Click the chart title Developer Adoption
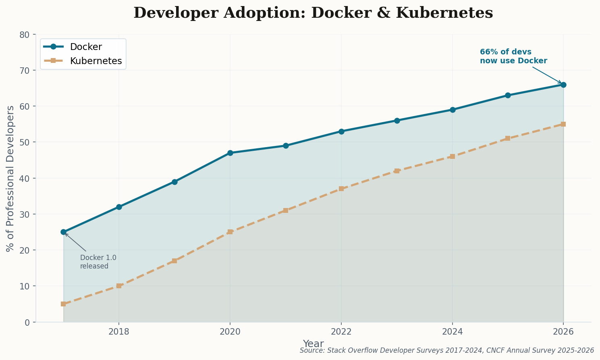313,13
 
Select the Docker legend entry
86,47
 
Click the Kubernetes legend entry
96,61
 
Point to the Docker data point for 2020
230,153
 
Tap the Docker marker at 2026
563,85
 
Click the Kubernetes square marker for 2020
230,232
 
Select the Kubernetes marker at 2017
63,304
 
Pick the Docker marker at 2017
63,232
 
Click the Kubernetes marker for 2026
563,124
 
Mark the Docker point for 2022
341,131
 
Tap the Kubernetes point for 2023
397,171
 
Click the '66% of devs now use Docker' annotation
513,56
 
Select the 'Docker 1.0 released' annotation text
98,262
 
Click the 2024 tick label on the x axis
452,332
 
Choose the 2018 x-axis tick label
119,332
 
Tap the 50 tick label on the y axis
25,142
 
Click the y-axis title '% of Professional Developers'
10,178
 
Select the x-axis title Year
313,344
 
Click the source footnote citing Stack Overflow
446,351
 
